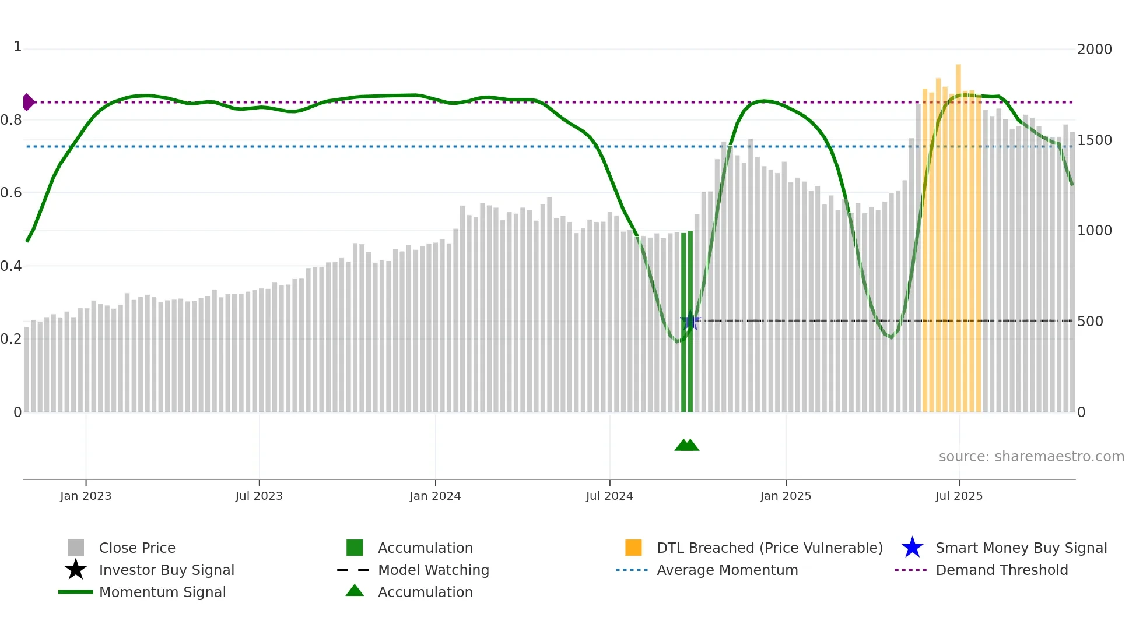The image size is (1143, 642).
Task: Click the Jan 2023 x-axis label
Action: [x=86, y=496]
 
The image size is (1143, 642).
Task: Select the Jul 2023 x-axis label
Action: [x=259, y=496]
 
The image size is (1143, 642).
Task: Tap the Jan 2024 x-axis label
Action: [x=435, y=496]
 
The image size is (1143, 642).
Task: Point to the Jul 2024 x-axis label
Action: [x=609, y=496]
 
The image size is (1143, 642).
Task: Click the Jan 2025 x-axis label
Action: [x=786, y=496]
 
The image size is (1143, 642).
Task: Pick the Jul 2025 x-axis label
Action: [x=959, y=496]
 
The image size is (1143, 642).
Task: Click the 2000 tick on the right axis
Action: [x=1094, y=50]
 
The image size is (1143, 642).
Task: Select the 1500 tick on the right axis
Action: [x=1094, y=140]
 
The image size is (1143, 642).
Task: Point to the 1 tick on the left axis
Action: [x=17, y=47]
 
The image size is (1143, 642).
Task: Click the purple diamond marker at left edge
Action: [x=28, y=102]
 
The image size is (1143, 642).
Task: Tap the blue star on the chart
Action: [x=690, y=321]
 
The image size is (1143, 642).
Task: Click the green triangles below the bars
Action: [x=687, y=446]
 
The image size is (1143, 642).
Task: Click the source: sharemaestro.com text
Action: [x=1031, y=457]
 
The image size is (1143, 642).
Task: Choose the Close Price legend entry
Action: [x=137, y=548]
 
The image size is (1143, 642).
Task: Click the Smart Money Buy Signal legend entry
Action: [x=1021, y=548]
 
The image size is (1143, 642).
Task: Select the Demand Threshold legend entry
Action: [x=1001, y=570]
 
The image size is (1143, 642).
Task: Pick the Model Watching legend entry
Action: [x=433, y=570]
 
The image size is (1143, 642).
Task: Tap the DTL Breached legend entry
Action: [x=769, y=548]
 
